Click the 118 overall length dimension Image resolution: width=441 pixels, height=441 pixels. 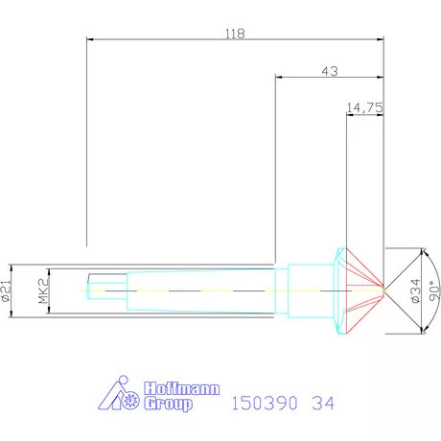(235, 33)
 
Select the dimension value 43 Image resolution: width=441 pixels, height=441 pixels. (330, 71)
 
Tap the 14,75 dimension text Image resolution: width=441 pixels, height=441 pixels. (365, 108)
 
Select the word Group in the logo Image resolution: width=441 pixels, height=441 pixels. (168, 404)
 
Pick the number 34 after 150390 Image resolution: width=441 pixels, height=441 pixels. (326, 404)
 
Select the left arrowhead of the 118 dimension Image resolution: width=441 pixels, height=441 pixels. (90, 39)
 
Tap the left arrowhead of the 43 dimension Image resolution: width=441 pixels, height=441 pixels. (279, 79)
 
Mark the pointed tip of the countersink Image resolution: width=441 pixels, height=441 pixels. (384, 287)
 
